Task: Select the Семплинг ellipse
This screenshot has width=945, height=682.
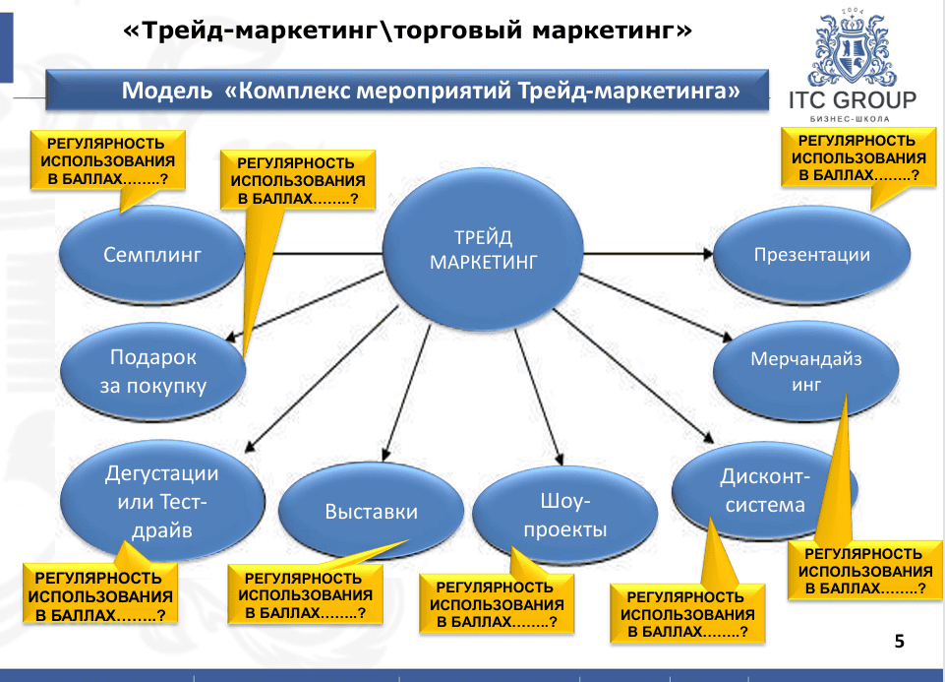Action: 151,255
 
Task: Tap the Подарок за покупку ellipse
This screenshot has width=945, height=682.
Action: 152,371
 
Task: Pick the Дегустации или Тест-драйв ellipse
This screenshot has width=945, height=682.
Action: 161,502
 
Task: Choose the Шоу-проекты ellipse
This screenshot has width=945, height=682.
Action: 564,516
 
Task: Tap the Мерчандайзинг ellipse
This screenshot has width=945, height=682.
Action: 805,372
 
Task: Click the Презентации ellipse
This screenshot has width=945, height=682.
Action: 811,255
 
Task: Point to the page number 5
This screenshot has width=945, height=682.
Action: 899,643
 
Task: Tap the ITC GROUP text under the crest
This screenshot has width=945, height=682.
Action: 853,99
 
